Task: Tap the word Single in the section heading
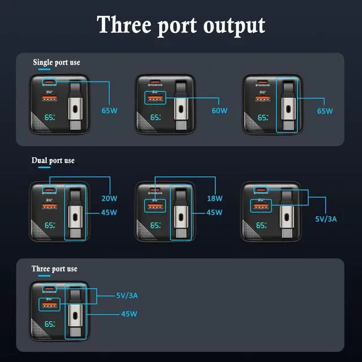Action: coord(43,62)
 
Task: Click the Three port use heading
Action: coord(54,269)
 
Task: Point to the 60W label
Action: coord(219,111)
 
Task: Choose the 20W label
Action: coord(109,199)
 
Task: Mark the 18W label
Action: coord(216,199)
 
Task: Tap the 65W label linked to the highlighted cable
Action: coord(325,111)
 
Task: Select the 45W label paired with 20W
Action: coord(109,213)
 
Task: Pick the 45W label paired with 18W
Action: coord(216,213)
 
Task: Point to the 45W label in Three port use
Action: coord(129,313)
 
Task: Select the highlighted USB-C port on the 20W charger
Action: coord(49,189)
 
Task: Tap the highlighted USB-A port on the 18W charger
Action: coord(155,206)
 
